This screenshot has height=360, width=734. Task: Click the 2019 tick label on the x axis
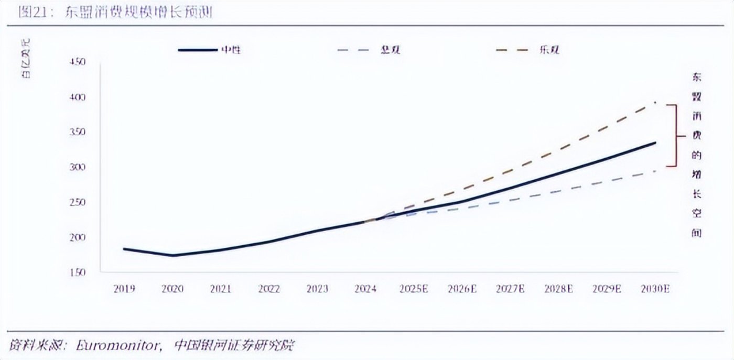tap(124, 289)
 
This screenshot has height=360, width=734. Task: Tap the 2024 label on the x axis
tap(365, 289)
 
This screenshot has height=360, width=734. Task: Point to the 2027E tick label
tap(510, 289)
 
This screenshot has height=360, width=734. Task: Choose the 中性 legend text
tap(231, 50)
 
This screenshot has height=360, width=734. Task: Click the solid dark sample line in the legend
tap(197, 50)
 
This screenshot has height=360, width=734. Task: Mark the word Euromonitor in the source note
tap(117, 345)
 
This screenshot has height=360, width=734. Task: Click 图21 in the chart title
tap(30, 13)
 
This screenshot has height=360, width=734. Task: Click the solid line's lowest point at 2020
tap(172, 256)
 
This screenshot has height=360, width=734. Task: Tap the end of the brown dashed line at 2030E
tap(655, 102)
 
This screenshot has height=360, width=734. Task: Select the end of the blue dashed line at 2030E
tap(655, 171)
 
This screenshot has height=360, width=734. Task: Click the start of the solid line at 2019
tap(124, 248)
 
